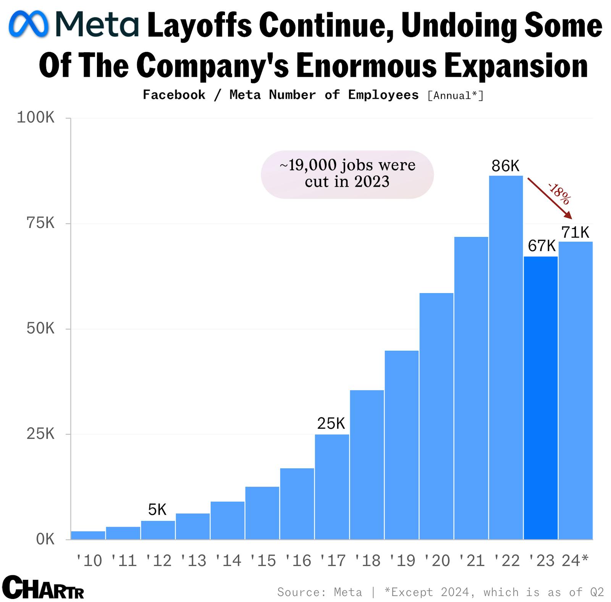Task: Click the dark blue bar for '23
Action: click(x=540, y=397)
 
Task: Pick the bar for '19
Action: click(x=401, y=445)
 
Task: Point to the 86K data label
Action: click(x=505, y=166)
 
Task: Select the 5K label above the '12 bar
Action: click(x=157, y=510)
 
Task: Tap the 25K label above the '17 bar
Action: click(x=331, y=423)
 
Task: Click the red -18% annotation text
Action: click(x=559, y=194)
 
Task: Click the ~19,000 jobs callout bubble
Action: click(x=347, y=174)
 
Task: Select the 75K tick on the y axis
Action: click(x=40, y=223)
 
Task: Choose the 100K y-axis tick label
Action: click(x=36, y=118)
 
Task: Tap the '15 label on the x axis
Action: click(x=262, y=560)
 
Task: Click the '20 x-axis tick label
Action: click(x=436, y=560)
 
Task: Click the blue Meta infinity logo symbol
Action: click(x=29, y=24)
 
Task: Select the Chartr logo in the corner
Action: click(x=43, y=587)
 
